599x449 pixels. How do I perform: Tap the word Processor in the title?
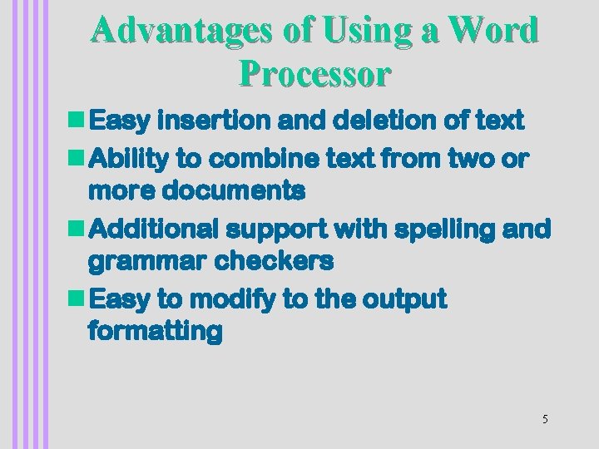314,74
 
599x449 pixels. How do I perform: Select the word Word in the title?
493,31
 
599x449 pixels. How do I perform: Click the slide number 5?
545,419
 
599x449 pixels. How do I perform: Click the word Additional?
152,228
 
